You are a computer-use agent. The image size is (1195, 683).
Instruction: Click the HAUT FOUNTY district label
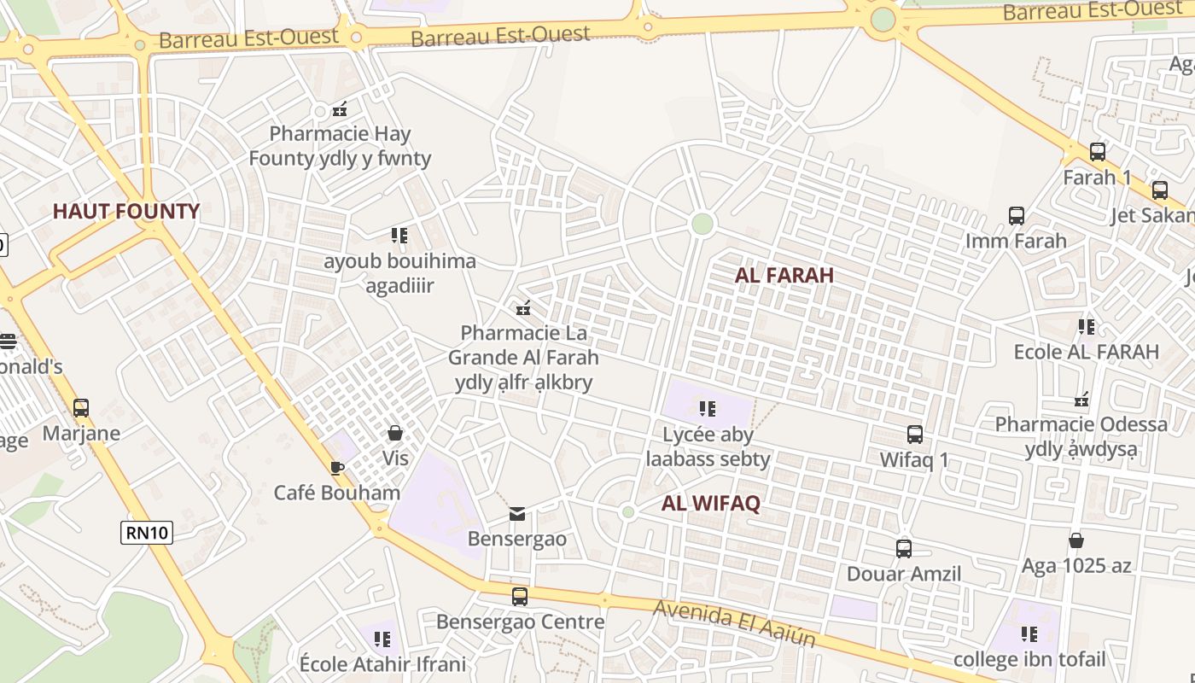(x=126, y=212)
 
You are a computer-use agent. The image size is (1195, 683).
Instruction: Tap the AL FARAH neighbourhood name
(x=784, y=275)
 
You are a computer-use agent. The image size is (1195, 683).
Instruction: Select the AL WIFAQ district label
(x=710, y=504)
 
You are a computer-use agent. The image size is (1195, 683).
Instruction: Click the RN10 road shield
(x=147, y=533)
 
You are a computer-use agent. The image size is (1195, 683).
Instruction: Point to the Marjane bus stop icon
(x=81, y=408)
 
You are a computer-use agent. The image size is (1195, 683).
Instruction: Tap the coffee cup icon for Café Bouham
(x=337, y=468)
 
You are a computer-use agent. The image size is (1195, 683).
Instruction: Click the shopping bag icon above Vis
(x=395, y=433)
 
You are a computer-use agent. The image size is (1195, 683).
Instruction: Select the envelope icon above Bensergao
(x=517, y=514)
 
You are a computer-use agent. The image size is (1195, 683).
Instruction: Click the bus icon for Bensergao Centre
(x=519, y=597)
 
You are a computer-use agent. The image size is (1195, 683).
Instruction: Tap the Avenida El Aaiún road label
(x=735, y=623)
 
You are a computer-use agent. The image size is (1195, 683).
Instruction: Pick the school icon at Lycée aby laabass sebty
(x=707, y=409)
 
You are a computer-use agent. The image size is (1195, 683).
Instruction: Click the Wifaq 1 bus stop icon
(x=914, y=435)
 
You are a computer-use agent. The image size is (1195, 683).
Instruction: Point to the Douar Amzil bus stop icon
(x=903, y=549)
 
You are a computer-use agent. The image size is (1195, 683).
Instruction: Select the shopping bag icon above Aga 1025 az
(x=1076, y=540)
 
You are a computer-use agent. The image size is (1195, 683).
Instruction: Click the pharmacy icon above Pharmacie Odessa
(x=1082, y=399)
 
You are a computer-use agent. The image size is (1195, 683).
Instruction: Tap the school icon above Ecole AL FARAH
(x=1086, y=326)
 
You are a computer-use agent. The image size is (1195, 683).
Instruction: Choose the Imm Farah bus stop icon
(x=1016, y=216)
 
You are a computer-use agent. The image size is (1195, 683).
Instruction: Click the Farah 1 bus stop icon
(x=1097, y=152)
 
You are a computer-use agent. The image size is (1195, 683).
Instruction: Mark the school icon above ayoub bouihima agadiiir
(x=399, y=235)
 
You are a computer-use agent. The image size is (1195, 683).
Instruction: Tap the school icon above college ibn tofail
(x=1029, y=634)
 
